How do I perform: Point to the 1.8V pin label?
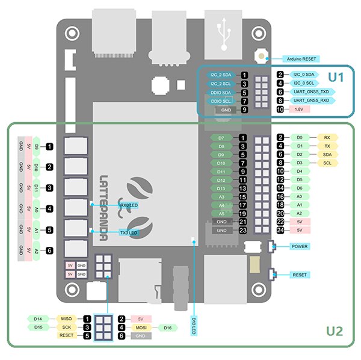point(299,110)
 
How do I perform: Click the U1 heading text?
point(335,77)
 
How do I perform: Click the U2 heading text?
point(334,331)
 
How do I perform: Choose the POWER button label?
point(299,247)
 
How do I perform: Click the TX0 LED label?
point(129,232)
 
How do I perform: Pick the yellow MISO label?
point(66,318)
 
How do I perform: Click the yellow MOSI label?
point(140,327)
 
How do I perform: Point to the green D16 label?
point(167,327)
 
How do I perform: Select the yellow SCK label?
point(66,327)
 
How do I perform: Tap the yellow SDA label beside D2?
point(327,154)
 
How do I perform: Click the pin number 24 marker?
point(280,231)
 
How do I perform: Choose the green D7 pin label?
point(221,138)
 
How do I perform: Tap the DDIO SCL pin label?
point(223,101)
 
